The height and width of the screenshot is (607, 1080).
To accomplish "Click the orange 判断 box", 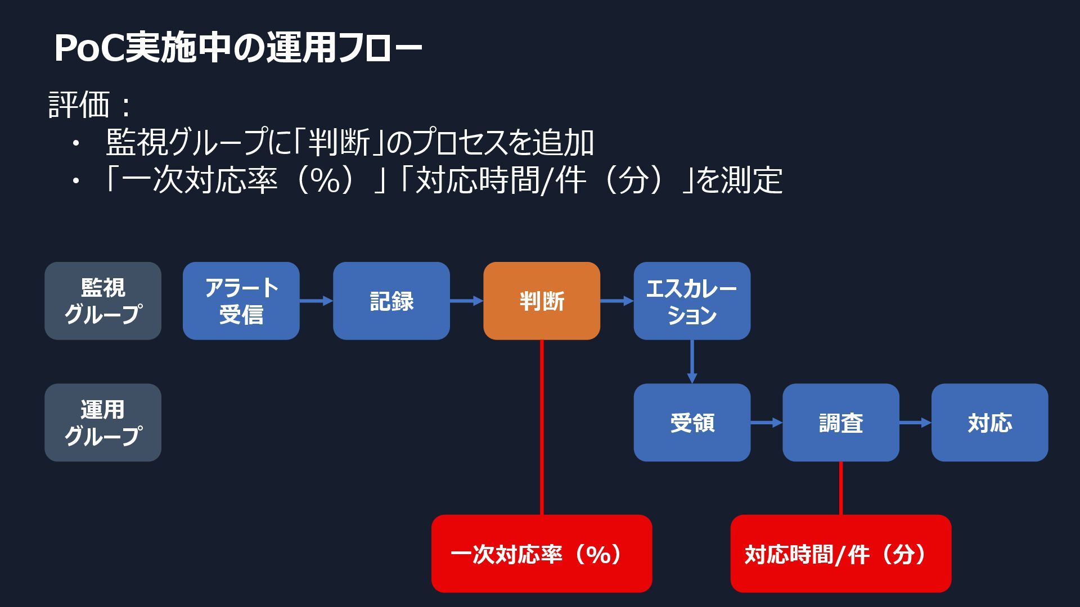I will coord(541,301).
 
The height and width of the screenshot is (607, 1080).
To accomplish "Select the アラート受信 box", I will coord(241,301).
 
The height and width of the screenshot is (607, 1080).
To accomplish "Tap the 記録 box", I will coord(391,301).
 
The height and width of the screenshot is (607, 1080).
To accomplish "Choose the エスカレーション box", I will coord(691,301).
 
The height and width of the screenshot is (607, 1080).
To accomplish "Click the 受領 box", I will coord(691,423).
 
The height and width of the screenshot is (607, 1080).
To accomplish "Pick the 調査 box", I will coord(840,423).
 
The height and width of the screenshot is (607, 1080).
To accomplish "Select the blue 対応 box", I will coord(989,423).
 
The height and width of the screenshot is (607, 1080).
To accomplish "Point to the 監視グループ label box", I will coord(103,301).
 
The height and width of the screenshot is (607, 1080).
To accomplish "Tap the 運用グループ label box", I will coord(103,423).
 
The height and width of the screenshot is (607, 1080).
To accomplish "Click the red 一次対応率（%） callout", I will coord(541,554).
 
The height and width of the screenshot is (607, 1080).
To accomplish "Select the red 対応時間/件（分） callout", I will coord(840,554).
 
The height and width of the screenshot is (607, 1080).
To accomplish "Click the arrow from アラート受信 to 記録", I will coord(316,301).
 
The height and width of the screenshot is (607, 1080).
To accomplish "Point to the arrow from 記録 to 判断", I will coord(466,301).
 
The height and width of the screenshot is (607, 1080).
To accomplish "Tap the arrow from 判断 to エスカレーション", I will coord(616,301).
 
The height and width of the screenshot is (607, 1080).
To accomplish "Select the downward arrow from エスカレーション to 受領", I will coord(692,362).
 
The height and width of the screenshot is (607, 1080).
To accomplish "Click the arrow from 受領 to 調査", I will coord(766,423).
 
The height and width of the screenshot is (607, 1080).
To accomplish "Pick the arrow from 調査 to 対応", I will coord(915,423).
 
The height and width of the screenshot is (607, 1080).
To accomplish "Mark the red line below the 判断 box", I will coord(542,427).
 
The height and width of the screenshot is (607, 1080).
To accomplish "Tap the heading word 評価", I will coord(79,105).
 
